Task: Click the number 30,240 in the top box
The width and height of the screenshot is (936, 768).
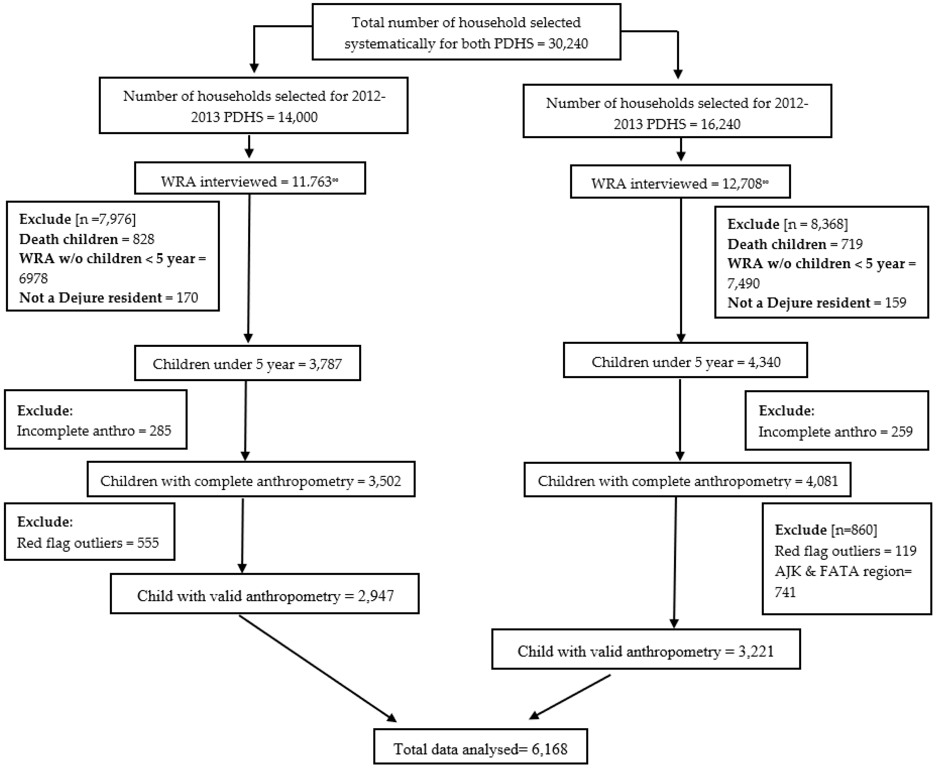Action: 568,44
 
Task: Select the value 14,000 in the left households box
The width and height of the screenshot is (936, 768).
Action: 297,117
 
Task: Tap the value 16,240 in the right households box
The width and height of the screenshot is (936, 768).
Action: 720,124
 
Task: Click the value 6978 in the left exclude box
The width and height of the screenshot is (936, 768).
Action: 33,278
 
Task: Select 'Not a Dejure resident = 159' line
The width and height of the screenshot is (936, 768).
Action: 816,303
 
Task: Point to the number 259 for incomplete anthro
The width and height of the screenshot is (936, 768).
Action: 902,432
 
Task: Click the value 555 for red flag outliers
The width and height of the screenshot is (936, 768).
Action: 148,543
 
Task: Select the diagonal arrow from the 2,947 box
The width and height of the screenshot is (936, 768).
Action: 317,667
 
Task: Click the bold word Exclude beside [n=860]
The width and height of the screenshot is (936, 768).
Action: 800,530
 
